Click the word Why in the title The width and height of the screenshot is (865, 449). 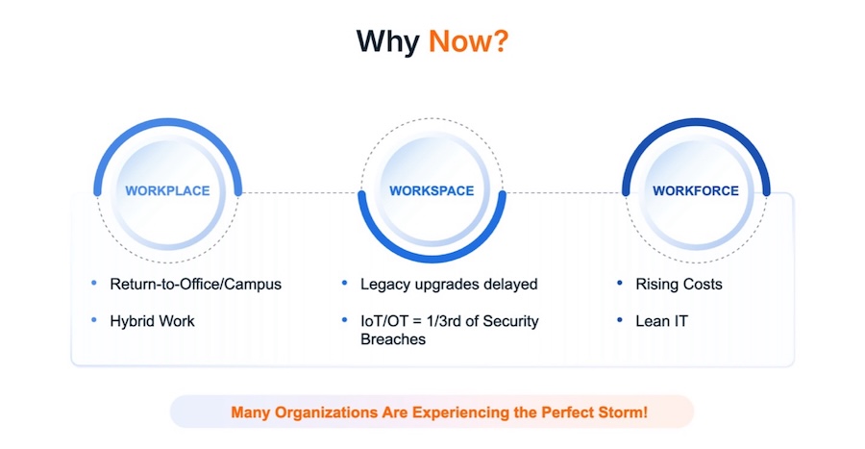388,42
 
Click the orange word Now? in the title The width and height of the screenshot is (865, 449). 468,41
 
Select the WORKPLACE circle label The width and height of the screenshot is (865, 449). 167,191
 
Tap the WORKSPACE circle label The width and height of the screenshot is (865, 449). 432,191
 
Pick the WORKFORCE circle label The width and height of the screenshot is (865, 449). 696,191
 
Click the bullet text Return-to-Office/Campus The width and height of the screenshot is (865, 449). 196,284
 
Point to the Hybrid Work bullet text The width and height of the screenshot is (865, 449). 152,321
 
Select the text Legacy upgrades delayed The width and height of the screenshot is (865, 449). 449,284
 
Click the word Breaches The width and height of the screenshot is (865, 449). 393,339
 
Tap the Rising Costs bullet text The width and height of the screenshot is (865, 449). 679,284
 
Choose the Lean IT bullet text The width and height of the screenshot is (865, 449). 661,321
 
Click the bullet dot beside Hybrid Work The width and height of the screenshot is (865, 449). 94,320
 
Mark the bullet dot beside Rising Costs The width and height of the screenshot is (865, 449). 620,283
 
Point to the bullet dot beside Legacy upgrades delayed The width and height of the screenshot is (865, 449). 345,283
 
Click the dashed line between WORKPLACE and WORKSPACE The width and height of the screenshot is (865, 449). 300,193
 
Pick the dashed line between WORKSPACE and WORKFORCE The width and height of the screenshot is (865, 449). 564,193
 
